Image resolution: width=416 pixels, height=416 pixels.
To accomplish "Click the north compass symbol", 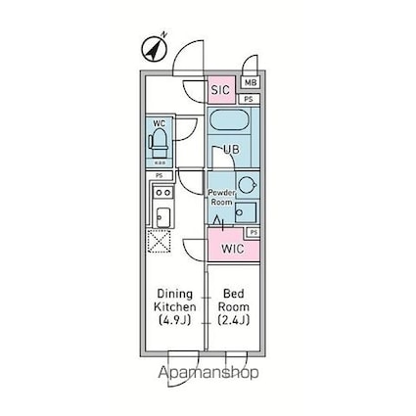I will click(156, 46).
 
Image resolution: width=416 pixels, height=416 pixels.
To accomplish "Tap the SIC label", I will click(220, 89).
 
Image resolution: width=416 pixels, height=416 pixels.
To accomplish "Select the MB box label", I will click(250, 84).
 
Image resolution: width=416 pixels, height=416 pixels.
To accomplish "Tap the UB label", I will click(231, 149).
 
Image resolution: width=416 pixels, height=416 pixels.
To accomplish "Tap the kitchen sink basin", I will click(162, 216).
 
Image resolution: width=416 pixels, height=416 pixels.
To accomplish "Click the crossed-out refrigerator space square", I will click(160, 241).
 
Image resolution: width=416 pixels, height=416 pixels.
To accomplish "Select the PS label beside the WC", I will click(159, 174).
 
